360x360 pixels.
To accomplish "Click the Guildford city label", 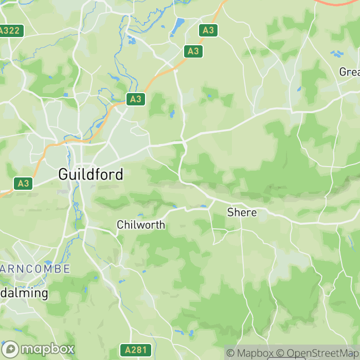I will click(x=91, y=174).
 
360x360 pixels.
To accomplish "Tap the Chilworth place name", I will click(x=140, y=225).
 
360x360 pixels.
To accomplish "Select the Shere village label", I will click(x=242, y=212).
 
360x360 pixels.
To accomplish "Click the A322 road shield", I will click(x=9, y=30).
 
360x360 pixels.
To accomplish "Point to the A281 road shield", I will click(x=136, y=351).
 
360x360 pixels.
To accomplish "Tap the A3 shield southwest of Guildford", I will click(x=23, y=183).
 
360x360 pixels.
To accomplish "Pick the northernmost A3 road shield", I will click(x=208, y=30).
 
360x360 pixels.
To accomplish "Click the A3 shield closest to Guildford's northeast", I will click(x=135, y=99).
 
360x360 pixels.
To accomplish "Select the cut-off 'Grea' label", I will click(x=349, y=72).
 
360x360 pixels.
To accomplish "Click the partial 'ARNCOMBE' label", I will click(x=35, y=269).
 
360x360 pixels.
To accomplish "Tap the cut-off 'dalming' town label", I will click(x=24, y=294).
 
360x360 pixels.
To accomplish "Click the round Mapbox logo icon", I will click(x=10, y=349).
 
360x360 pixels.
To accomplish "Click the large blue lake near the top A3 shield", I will click(x=179, y=24).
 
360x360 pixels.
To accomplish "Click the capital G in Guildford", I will click(x=64, y=174).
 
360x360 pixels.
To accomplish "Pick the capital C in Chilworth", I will click(x=120, y=225).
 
